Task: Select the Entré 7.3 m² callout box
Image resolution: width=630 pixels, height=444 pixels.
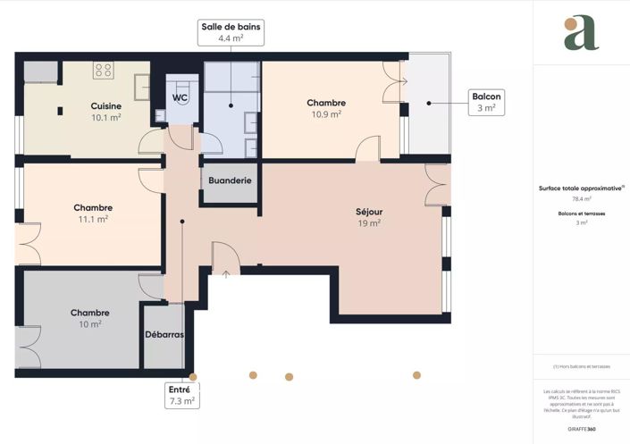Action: [x=181, y=395]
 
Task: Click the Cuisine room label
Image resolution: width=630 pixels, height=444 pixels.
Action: [x=105, y=105]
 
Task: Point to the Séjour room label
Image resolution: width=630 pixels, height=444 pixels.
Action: [x=369, y=212]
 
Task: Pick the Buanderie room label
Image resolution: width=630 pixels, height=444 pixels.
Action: [x=230, y=180]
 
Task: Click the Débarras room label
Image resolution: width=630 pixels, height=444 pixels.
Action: [x=164, y=335]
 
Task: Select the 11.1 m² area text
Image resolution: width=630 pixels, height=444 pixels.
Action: [x=93, y=219]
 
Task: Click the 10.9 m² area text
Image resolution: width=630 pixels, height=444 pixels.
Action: [x=325, y=114]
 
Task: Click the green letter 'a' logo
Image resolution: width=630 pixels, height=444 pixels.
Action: [x=581, y=33]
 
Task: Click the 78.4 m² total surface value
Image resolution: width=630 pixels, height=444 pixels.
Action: [x=582, y=199]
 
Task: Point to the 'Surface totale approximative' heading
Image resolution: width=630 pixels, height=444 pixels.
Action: [x=581, y=188]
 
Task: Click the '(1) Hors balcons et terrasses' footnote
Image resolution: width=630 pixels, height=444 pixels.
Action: [x=582, y=366]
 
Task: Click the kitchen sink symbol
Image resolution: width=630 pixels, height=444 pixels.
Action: [x=142, y=87]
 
